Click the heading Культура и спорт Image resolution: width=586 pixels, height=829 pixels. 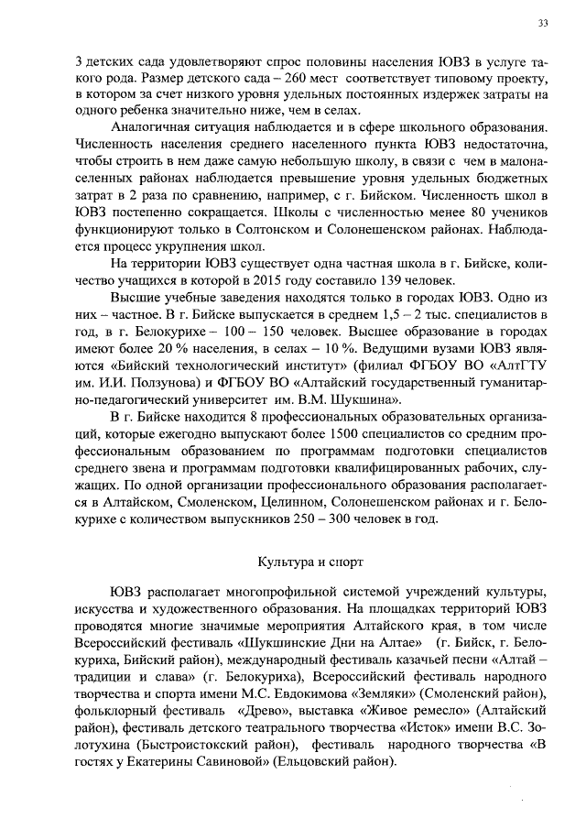point(302,558)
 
